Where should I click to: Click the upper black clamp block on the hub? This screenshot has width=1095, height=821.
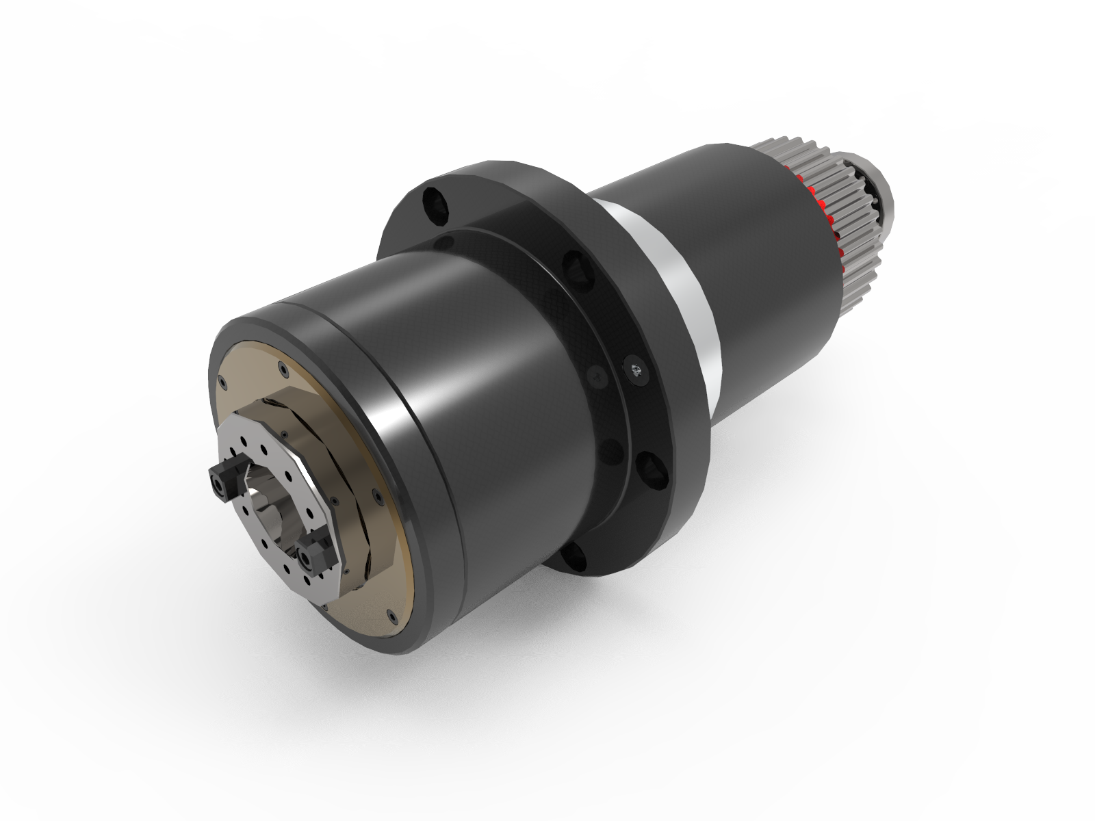click(x=227, y=479)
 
